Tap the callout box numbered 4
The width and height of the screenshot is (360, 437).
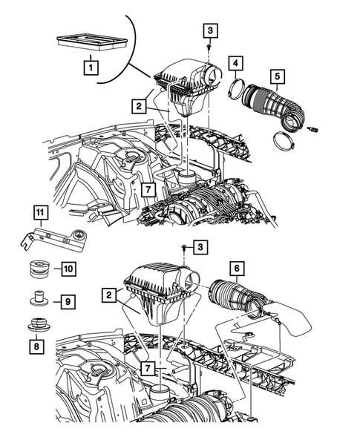pyautogui.click(x=234, y=65)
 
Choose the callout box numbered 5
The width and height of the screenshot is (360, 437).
pyautogui.click(x=276, y=76)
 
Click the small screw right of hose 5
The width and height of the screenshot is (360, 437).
pyautogui.click(x=312, y=130)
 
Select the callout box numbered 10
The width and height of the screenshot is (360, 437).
pyautogui.click(x=67, y=268)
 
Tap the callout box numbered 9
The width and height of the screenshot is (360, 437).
pyautogui.click(x=66, y=301)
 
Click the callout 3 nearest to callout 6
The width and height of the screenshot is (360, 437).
pyautogui.click(x=199, y=246)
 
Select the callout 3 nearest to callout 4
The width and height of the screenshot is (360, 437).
pyautogui.click(x=211, y=30)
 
